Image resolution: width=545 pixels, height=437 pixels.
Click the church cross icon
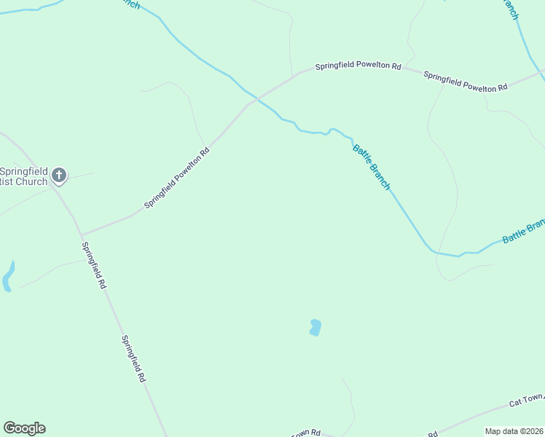[x=60, y=175]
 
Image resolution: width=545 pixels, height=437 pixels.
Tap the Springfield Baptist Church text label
[x=24, y=176]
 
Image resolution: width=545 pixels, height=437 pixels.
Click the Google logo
[x=24, y=428]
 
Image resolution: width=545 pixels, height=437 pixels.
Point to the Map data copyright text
[x=514, y=431]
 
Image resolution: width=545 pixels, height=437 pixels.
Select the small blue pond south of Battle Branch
[x=315, y=328]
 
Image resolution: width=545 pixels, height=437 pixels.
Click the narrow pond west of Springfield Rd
[x=8, y=277]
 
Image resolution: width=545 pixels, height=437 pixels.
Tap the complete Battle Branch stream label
[x=372, y=167]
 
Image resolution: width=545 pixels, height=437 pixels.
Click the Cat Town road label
[x=526, y=400]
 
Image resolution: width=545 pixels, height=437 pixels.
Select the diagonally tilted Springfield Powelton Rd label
[x=177, y=178]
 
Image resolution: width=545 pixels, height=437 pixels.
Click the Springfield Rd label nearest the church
[x=94, y=265]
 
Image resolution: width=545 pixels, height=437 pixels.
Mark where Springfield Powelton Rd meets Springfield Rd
[x=80, y=235]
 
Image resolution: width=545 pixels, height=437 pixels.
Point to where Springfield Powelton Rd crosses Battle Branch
[x=257, y=98]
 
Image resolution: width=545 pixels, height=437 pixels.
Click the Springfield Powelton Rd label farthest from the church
[x=465, y=82]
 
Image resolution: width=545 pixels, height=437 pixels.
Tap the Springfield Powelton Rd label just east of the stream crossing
[x=358, y=66]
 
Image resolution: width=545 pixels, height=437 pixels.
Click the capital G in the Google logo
[x=9, y=428]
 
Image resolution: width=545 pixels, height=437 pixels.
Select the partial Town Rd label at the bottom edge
[x=306, y=433]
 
